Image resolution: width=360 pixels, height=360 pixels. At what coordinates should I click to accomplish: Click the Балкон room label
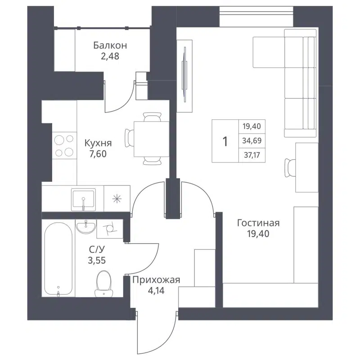point(110,45)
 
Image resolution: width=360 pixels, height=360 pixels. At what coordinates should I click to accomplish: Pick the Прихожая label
point(156,280)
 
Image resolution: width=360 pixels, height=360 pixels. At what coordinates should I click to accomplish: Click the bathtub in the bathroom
point(58,258)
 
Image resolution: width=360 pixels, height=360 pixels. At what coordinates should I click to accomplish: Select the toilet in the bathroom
point(103,283)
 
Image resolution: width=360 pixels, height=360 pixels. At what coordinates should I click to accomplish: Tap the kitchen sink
point(83,198)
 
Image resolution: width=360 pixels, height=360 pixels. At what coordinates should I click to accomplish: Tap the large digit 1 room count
point(225,141)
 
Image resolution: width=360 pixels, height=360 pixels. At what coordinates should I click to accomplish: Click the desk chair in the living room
point(289,168)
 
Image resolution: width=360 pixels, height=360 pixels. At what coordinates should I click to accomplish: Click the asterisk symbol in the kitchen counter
point(117,198)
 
